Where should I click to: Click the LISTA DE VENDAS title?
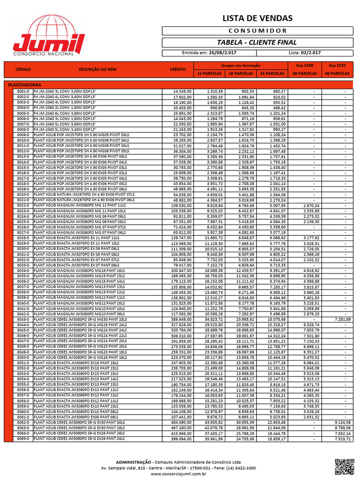coord(257,18)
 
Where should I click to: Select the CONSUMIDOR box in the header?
coord(257,31)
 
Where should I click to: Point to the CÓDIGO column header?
coord(23,69)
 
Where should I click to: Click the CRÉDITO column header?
coord(178,69)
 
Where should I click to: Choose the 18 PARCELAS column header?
coord(240,74)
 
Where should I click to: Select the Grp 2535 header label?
coord(337,65)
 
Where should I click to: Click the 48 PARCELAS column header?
coord(304,74)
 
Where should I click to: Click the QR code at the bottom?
coord(344,466)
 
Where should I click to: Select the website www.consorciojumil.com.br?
coord(179,474)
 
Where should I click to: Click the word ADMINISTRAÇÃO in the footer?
coord(134,462)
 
